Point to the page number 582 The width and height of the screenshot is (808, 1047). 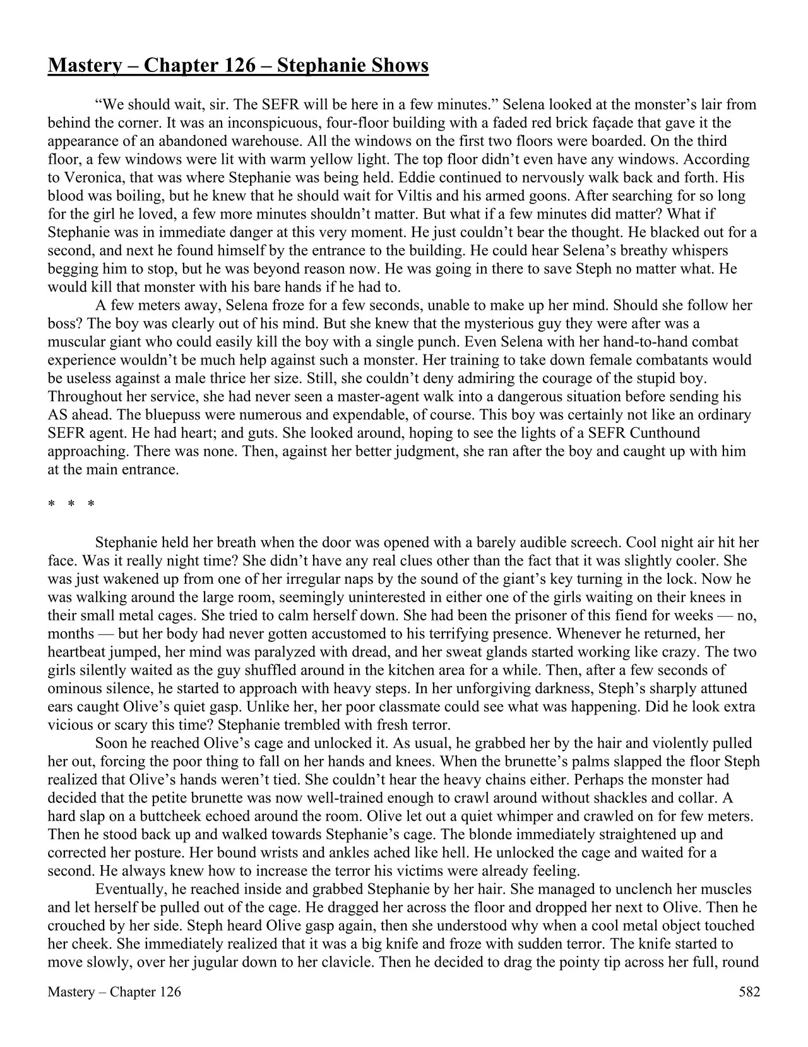tap(749, 992)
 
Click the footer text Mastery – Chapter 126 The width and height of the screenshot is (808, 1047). tap(114, 992)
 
